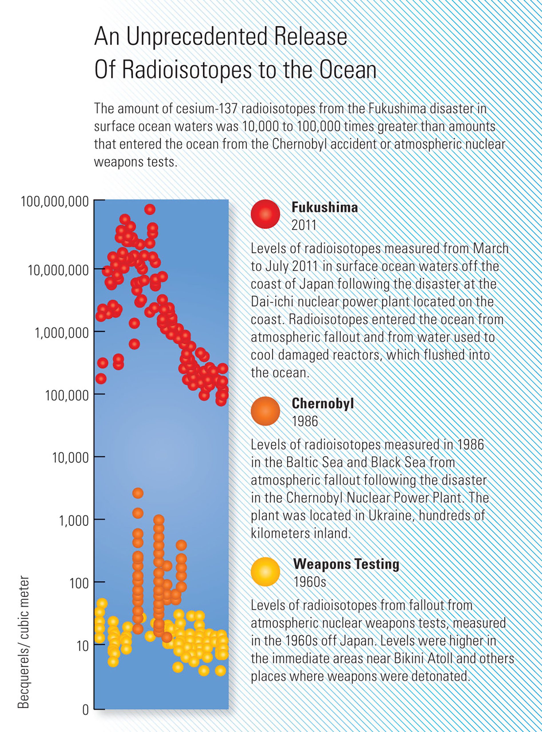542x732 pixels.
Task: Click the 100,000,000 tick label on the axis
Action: pos(55,202)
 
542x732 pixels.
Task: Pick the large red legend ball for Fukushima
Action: pos(265,214)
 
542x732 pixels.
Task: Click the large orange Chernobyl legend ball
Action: pos(265,411)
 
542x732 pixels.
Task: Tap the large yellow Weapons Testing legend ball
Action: pos(265,572)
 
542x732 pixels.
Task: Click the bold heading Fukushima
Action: pos(324,207)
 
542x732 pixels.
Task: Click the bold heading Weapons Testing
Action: pos(346,564)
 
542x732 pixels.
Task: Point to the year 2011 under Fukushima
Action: pos(304,225)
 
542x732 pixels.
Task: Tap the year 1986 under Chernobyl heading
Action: pos(305,421)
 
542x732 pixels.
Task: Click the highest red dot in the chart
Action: pos(150,209)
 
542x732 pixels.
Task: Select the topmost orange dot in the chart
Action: pos(138,493)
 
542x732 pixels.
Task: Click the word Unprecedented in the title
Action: pos(198,37)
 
